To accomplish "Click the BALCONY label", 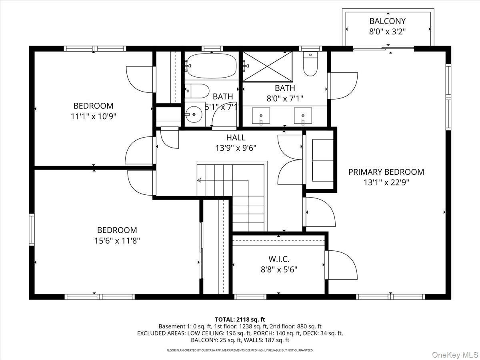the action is point(388,21).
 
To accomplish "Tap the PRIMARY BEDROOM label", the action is point(386,172).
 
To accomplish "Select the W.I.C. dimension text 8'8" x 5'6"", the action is point(279,270).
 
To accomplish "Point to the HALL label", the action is point(236,138).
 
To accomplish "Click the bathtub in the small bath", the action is point(212,66).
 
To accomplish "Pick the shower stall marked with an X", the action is point(268,67).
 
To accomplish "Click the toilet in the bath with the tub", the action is point(197,91).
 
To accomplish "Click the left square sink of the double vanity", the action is point(261,116).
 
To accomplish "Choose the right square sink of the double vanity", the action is point(303,116).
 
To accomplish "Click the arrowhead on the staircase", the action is point(199,180).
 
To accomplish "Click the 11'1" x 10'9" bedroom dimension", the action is point(93,116).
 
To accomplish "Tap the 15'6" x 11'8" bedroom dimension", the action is point(117,241).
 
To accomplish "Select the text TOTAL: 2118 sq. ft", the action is point(240,320).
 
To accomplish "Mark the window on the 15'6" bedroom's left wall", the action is point(32,229).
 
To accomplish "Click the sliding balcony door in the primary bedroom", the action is point(384,48).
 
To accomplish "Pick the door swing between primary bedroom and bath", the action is point(343,86).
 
